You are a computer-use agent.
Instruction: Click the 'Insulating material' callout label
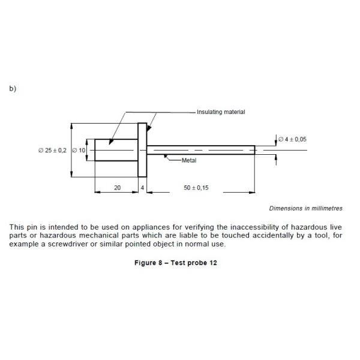point(221,112)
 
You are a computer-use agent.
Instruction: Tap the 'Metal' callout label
point(189,160)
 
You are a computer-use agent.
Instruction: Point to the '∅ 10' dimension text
point(79,150)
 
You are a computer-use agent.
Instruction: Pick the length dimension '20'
point(117,188)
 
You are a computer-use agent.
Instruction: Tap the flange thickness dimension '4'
point(142,188)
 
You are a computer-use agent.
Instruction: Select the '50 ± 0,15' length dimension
point(196,188)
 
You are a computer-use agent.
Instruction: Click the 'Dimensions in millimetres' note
point(305,208)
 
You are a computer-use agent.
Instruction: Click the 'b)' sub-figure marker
point(13,89)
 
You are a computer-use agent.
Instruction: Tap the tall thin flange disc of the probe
point(142,150)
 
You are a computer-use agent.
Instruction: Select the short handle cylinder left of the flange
point(116,150)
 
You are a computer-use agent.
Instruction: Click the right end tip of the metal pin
point(254,149)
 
